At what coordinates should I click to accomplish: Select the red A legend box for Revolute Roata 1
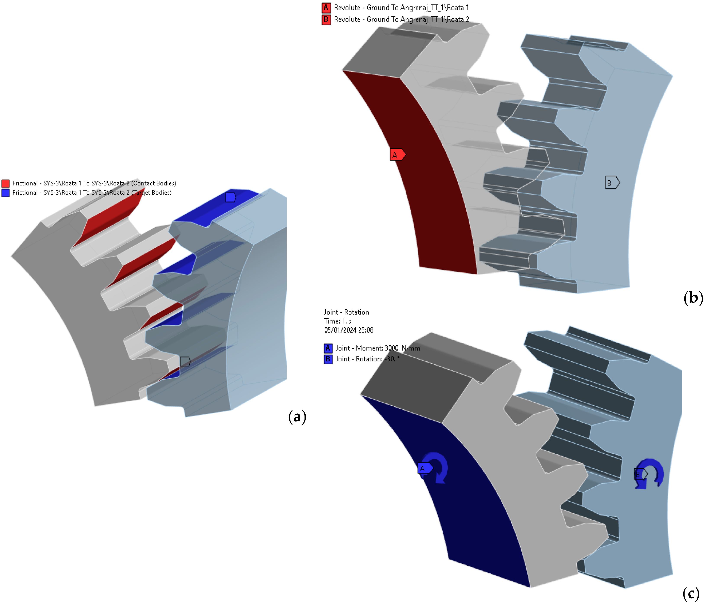(x=326, y=8)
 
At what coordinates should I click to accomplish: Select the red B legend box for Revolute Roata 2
(x=326, y=20)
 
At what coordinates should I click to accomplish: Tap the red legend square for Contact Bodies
(x=5, y=183)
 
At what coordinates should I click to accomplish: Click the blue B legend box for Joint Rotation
(x=328, y=359)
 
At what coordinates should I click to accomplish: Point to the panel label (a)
(x=297, y=416)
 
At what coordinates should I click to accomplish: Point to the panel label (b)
(x=693, y=297)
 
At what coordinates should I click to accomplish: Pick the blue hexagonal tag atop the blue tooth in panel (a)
(x=231, y=197)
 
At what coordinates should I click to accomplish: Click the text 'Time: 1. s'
(x=337, y=321)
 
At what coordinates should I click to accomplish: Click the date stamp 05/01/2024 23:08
(x=349, y=330)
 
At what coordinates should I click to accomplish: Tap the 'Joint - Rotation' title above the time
(x=346, y=312)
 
